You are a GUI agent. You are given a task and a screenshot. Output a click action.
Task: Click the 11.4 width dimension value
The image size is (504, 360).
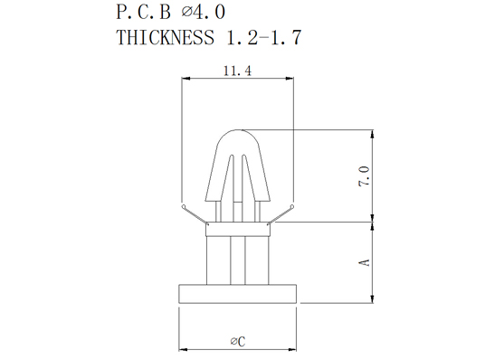click(x=237, y=71)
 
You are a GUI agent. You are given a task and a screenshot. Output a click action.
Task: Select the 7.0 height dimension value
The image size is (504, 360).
click(x=364, y=176)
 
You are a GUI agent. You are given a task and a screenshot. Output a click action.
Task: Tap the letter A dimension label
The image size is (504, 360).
click(x=364, y=262)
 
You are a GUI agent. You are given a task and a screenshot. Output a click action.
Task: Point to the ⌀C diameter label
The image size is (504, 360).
click(x=238, y=341)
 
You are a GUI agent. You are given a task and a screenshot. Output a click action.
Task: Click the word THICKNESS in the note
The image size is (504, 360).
click(x=165, y=37)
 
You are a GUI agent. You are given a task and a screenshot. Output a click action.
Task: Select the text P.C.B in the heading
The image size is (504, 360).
click(x=143, y=13)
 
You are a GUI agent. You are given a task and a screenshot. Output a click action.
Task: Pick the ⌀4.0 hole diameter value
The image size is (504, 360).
click(x=204, y=13)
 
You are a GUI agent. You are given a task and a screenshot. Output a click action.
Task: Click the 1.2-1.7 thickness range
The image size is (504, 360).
click(x=264, y=37)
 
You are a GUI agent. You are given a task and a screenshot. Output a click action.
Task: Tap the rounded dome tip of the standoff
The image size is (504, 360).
click(x=238, y=130)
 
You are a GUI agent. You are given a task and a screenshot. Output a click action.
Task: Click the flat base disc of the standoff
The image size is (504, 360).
click(x=237, y=293)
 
